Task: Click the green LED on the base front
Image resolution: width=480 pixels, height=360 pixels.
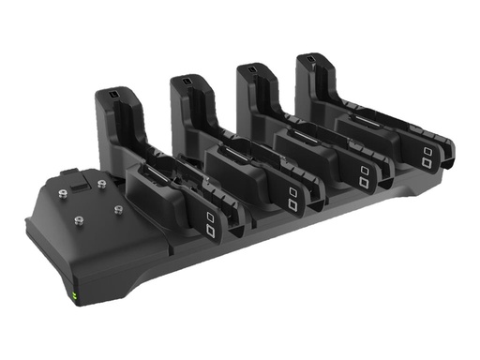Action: tap(73, 299)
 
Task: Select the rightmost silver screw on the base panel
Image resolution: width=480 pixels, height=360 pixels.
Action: tap(119, 209)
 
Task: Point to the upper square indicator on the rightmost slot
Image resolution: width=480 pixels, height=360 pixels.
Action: tap(427, 151)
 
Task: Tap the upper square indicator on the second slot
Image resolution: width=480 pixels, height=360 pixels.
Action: tap(292, 191)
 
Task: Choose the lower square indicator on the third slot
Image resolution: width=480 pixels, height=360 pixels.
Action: tap(362, 185)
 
